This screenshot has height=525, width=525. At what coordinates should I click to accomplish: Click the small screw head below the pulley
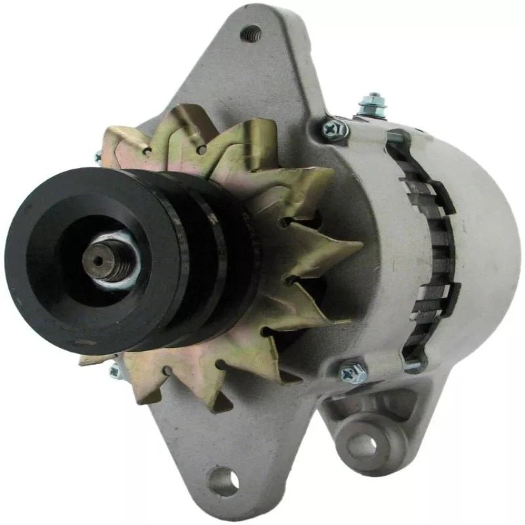pyautogui.click(x=114, y=371)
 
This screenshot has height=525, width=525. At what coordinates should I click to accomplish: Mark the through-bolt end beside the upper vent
pyautogui.click(x=398, y=137)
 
